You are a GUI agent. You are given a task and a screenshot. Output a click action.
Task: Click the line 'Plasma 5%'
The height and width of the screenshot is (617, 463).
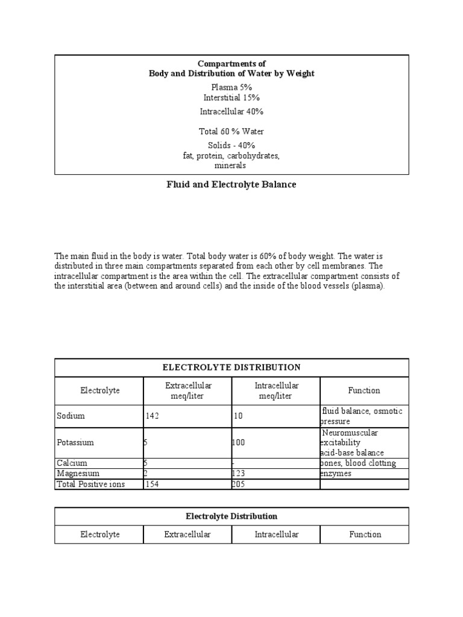point(231,87)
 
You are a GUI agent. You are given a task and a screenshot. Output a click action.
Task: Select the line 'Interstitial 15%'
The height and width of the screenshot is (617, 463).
point(231,97)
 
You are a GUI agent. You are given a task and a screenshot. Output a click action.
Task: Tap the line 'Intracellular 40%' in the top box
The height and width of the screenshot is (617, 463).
point(231,111)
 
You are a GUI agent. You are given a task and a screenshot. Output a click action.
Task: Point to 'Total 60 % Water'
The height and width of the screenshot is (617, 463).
point(231,131)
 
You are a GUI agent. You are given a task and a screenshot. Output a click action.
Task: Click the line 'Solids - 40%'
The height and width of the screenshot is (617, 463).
point(231,145)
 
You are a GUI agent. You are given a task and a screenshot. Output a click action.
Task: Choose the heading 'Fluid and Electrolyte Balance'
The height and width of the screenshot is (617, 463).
point(231,184)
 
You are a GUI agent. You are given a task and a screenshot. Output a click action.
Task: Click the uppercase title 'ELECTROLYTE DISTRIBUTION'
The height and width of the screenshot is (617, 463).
point(231,367)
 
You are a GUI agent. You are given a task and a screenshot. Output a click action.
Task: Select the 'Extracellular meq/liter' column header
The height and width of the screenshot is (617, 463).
point(187,390)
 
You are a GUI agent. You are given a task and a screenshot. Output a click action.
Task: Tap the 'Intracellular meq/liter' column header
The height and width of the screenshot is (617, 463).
point(276,390)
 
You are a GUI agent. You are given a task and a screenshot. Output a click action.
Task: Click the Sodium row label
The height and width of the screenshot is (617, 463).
point(71,416)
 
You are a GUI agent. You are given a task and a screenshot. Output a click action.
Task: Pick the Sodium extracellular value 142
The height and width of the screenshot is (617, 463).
point(152,416)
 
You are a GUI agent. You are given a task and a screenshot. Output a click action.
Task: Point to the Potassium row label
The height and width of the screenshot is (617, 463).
point(75,442)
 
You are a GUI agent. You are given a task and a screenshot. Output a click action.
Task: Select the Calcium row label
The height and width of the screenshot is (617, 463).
point(72,463)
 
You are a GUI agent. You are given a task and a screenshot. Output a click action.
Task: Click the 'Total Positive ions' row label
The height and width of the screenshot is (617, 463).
point(90,484)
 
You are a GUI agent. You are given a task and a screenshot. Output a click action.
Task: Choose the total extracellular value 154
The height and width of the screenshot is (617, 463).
point(152,484)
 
